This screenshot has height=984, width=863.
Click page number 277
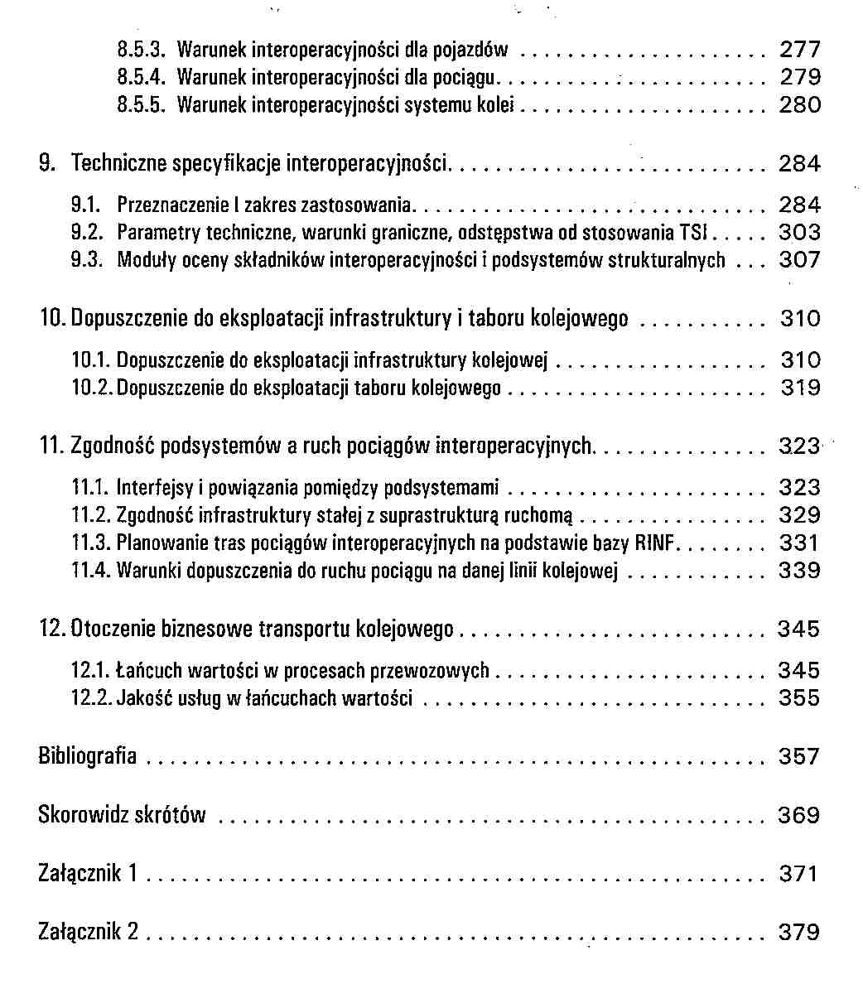tap(800, 50)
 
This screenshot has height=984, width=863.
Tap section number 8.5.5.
tap(144, 105)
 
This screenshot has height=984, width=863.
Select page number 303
tap(799, 233)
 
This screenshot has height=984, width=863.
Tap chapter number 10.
tap(54, 319)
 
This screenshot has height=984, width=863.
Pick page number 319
tap(800, 388)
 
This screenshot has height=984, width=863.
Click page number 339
tap(799, 571)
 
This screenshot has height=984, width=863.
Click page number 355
tap(799, 698)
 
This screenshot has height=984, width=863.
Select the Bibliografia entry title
tap(88, 756)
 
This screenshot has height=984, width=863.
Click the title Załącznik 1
tap(88, 874)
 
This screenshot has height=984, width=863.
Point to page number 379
tap(799, 933)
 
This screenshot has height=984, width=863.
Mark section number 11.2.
tap(91, 516)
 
